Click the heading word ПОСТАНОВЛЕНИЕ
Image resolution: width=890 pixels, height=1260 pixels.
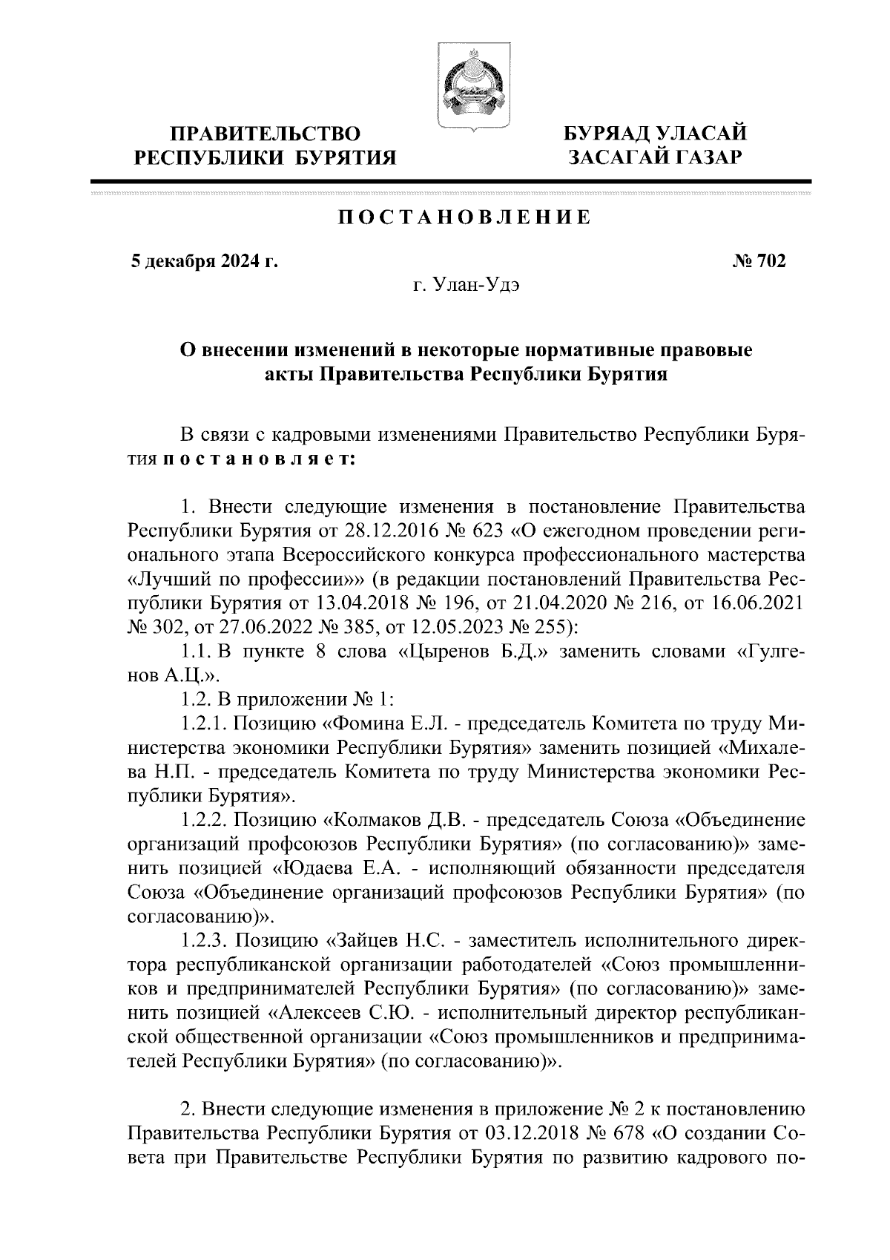(465, 217)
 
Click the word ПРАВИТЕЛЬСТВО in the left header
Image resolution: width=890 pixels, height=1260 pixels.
(266, 134)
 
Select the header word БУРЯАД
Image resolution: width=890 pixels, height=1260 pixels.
(606, 134)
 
